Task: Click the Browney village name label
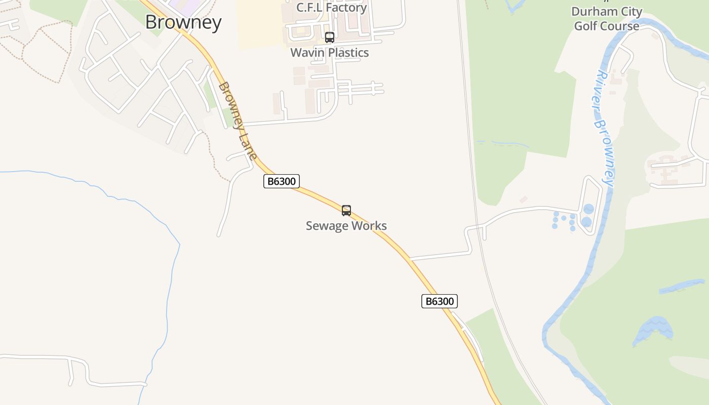coord(183,22)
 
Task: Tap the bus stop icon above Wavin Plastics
coord(330,37)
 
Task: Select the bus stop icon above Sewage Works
coord(346,210)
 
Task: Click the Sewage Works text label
coord(346,226)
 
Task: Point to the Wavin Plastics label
coord(330,52)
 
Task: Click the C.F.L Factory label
coord(332,8)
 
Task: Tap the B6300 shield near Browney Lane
coord(282,181)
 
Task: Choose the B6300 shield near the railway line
coord(440,301)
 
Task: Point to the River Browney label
coord(605,129)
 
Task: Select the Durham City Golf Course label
coord(607,19)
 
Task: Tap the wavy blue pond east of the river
coord(654,329)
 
